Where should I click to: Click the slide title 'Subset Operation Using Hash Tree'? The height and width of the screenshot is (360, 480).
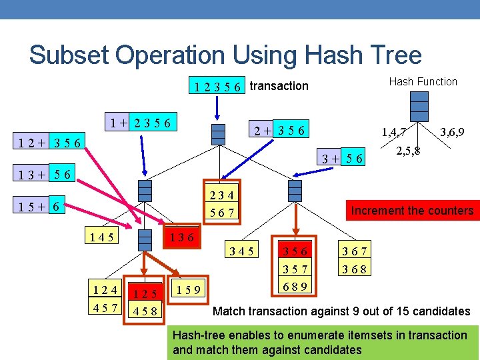[225, 55]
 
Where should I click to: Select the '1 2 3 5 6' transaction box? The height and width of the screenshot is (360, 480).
[217, 87]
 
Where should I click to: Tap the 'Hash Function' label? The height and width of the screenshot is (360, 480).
[423, 82]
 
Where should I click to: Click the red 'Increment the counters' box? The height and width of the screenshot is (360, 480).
[412, 211]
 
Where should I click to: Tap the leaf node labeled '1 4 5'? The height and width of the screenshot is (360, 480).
[101, 237]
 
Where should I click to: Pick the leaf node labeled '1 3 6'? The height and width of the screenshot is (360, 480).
[181, 237]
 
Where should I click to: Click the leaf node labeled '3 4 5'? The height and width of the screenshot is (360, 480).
[241, 252]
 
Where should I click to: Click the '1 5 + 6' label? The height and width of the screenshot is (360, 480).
[40, 207]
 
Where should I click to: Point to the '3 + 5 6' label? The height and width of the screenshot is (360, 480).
[343, 158]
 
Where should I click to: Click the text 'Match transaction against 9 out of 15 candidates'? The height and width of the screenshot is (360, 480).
[341, 311]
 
